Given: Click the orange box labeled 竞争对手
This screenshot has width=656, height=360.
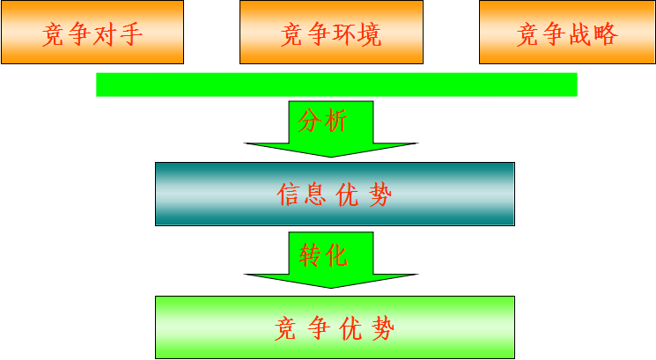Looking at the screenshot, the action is pos(92,33).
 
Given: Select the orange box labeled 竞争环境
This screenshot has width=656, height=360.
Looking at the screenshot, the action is pos(331,33).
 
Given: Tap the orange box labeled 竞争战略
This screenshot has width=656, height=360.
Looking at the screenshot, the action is pos(567,33).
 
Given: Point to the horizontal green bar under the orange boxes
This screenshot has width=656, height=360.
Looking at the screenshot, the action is pos(336,84).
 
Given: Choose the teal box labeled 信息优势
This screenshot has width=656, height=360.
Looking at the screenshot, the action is pos(335,194).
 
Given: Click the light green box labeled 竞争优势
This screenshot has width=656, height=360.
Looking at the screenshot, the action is pos(335,327).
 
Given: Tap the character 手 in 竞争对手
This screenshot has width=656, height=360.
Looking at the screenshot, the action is pos(131,33).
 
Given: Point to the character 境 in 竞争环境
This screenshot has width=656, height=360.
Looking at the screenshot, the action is pos(369,34).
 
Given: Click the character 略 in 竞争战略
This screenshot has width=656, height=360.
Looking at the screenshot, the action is pos(606,33).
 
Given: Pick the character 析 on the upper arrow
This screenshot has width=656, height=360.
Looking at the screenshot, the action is pos(335,121).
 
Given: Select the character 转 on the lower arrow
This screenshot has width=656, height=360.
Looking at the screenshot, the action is pos(310,254).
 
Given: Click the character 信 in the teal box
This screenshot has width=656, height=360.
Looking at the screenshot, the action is pos(288,195).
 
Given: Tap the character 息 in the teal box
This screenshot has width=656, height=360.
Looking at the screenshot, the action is pos(314,195).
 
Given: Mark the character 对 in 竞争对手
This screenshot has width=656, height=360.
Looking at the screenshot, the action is pos(105,33).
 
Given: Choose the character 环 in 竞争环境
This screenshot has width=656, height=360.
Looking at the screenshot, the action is pos(344,34).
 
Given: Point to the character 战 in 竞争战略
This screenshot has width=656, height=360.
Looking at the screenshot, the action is pos(580,33).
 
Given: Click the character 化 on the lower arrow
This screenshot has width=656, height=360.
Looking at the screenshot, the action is pos(336,254).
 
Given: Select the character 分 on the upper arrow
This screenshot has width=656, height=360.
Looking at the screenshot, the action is pos(309,121).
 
